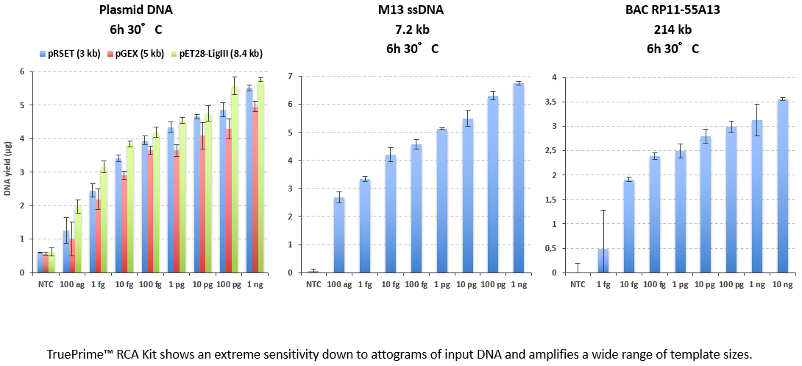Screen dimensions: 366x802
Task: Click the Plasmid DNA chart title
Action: [x=138, y=10]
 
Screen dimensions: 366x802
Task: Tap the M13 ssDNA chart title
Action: [x=412, y=10]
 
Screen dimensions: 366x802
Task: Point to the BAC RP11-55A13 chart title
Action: [x=673, y=10]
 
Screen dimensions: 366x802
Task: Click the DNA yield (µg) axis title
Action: [x=7, y=172]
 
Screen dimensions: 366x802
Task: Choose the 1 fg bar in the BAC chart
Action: [x=603, y=261]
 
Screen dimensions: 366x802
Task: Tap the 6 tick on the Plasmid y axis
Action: [x=22, y=71]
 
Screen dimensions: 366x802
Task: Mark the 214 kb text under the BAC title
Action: [x=673, y=30]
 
